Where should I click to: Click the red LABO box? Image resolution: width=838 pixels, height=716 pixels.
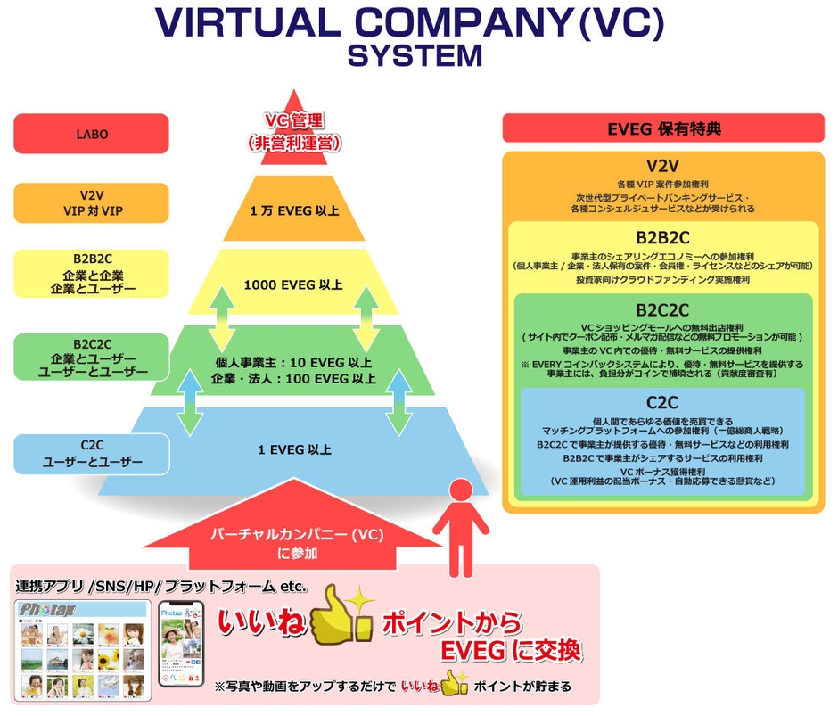pyautogui.click(x=91, y=134)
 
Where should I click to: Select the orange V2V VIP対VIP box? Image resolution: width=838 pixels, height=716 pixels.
pyautogui.click(x=91, y=202)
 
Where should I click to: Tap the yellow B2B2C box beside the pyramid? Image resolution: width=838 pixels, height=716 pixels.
pyautogui.click(x=91, y=273)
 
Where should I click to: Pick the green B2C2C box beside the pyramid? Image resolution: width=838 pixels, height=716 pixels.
pyautogui.click(x=91, y=357)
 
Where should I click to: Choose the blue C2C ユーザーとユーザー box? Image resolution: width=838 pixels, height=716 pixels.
pyautogui.click(x=91, y=454)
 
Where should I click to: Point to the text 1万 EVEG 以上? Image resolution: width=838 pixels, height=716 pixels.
pyautogui.click(x=293, y=211)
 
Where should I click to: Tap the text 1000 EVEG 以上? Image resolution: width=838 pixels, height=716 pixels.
pyautogui.click(x=293, y=285)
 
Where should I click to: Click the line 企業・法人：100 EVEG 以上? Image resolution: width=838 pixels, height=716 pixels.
pyautogui.click(x=293, y=379)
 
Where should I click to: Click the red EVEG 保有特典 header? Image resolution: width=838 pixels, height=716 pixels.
pyautogui.click(x=662, y=128)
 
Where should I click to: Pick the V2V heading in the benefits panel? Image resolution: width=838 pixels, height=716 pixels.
pyautogui.click(x=663, y=166)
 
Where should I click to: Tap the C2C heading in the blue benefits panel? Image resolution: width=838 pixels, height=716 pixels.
pyautogui.click(x=663, y=402)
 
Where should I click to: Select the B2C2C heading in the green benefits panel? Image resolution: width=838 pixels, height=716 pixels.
pyautogui.click(x=663, y=310)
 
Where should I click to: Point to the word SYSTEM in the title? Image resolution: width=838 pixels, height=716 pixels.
pyautogui.click(x=415, y=55)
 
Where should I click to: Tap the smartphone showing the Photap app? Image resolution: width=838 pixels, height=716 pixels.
pyautogui.click(x=181, y=644)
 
